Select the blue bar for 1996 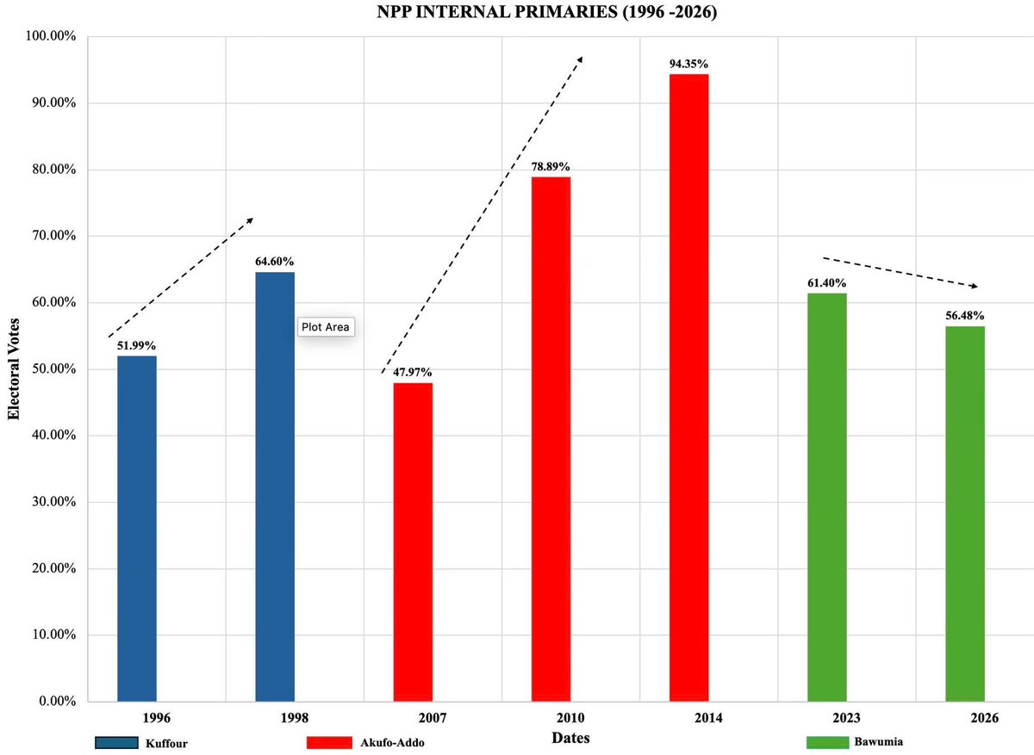(137, 529)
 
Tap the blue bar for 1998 (275, 486)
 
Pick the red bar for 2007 (413, 542)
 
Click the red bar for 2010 (551, 439)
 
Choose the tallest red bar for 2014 (688, 387)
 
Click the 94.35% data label (689, 64)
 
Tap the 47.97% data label (414, 373)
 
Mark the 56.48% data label (964, 316)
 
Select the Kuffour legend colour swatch (117, 743)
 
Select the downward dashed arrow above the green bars (900, 271)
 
